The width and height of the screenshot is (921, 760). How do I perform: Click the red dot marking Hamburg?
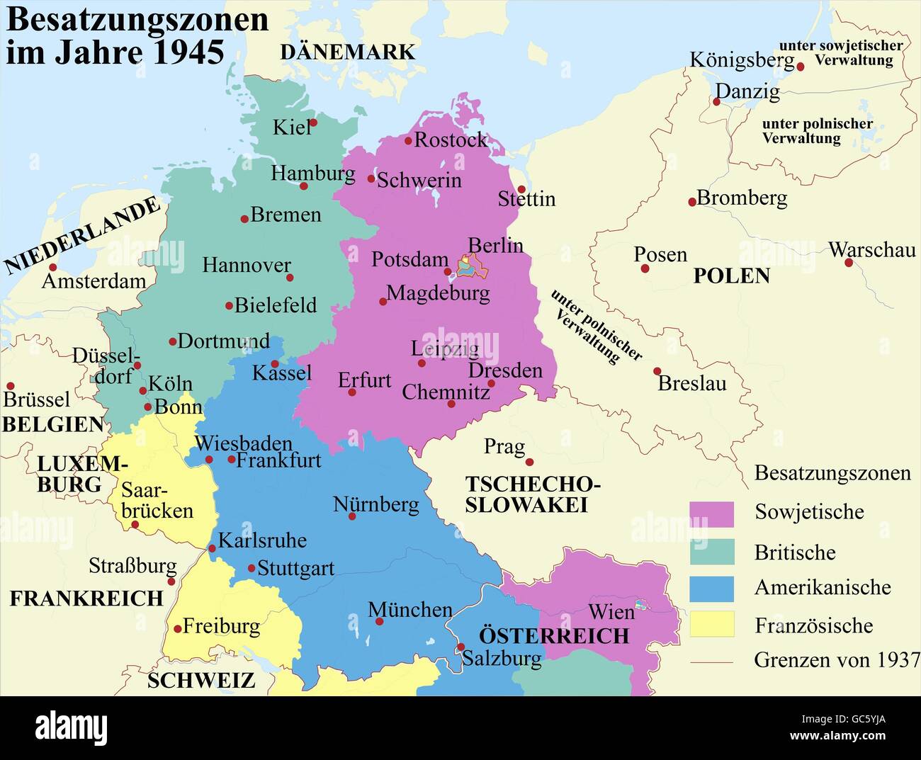[x=304, y=186]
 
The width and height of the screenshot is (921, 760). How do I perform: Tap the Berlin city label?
[x=495, y=246]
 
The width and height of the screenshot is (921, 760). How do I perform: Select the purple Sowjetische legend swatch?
[x=711, y=514]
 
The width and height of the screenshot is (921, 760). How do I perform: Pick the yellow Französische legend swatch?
[x=711, y=624]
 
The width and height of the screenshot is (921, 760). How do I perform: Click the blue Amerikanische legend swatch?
[x=711, y=588]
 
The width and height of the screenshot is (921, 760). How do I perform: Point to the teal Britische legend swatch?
[x=711, y=552]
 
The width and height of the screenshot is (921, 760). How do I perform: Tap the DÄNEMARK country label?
[x=347, y=52]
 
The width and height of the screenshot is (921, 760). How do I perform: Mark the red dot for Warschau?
[x=849, y=263]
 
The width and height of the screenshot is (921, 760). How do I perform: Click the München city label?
[x=409, y=609]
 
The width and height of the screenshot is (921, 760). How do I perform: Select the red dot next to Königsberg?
[x=801, y=67]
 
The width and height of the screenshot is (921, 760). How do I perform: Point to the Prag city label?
[x=504, y=447]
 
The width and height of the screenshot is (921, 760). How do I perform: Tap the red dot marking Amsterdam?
[x=52, y=267]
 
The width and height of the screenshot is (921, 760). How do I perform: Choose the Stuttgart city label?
[x=295, y=568]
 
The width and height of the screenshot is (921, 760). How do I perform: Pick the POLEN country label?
[x=731, y=276]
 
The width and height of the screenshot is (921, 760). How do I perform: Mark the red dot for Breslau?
[x=657, y=370]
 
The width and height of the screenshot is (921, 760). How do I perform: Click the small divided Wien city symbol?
[x=641, y=605]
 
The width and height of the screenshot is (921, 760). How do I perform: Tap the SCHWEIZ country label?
[x=200, y=680]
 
